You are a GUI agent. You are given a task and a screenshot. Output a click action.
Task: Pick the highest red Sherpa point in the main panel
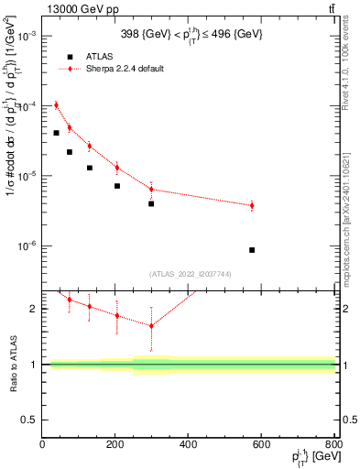[56, 104]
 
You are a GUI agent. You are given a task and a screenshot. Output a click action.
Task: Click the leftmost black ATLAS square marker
[56, 133]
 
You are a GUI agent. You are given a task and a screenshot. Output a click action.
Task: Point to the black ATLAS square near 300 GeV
[151, 203]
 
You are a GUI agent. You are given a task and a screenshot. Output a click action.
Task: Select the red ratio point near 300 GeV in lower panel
[151, 325]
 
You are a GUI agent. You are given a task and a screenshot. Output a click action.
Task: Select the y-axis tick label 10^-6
[27, 246]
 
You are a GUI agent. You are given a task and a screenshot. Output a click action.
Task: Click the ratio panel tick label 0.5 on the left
[29, 420]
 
